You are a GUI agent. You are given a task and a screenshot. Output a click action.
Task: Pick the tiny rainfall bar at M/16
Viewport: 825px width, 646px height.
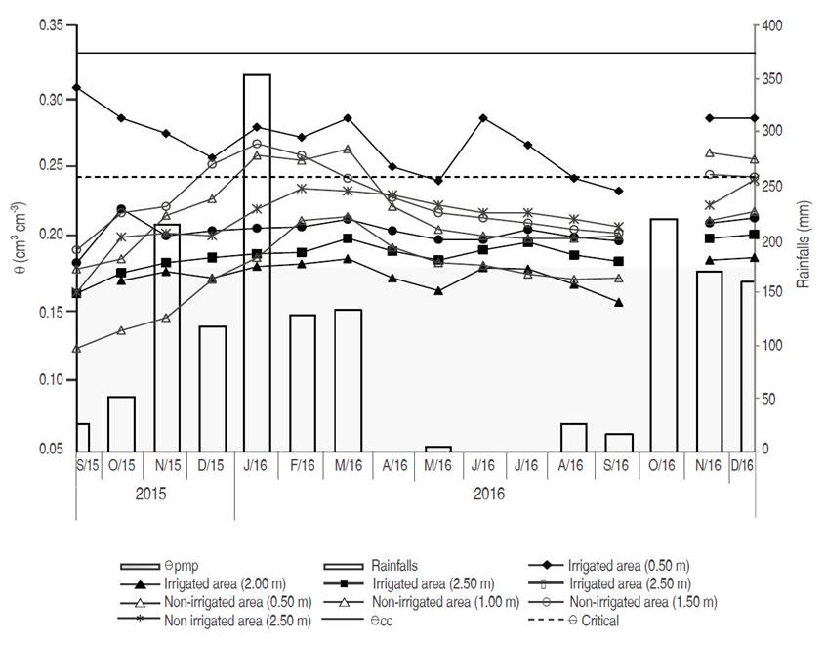438,449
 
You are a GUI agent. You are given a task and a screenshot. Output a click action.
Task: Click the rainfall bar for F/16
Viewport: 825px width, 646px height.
303,382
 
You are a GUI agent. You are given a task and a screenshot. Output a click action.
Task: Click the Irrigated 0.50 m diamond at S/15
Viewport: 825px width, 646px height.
76,88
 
